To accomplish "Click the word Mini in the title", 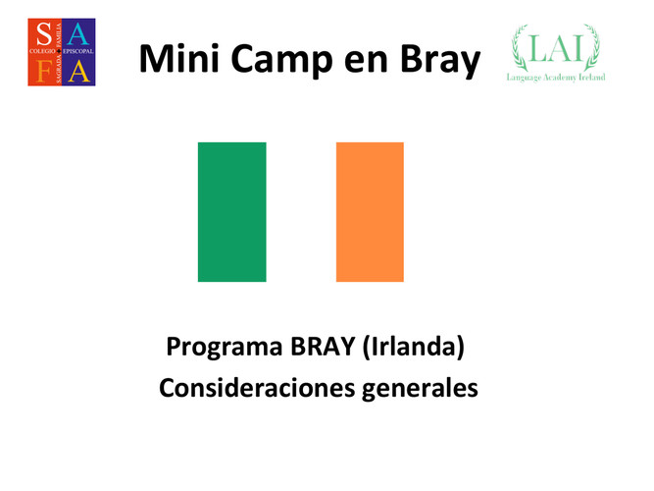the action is point(179,59).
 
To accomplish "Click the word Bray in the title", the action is point(440,61).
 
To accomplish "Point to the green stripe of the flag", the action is point(232,212).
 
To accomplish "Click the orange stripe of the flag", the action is point(370,212).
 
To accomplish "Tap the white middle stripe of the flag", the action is point(301,212).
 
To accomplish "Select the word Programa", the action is point(225,348).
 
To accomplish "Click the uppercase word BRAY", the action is point(323,346).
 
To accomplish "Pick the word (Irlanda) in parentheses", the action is point(414,347).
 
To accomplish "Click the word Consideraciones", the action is point(257,388).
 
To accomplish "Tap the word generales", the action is point(420,390).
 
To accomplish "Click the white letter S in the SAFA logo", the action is point(44,33).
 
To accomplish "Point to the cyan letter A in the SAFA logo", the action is point(78,34).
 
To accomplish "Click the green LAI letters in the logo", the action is point(556,48).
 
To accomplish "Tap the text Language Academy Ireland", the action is point(556,78).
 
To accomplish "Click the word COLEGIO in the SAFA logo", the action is point(42,51).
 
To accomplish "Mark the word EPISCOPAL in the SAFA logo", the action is point(78,51).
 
